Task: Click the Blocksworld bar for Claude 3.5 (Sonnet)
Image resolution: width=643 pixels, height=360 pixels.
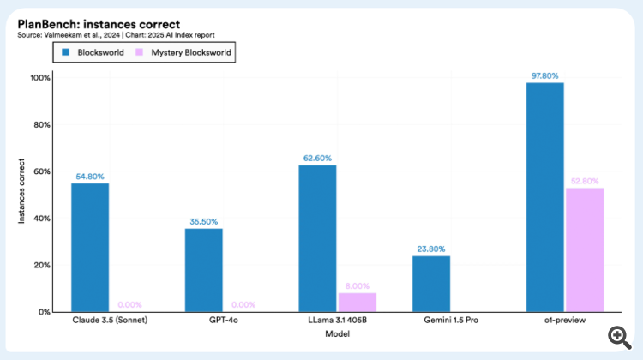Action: pos(90,248)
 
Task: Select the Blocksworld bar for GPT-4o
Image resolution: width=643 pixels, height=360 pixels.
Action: pos(203,270)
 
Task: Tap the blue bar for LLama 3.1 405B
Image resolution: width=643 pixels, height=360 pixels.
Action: pos(317,238)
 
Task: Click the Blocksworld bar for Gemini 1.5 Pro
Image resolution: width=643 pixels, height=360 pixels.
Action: pos(431,284)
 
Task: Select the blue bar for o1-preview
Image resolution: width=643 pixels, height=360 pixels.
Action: pos(545,197)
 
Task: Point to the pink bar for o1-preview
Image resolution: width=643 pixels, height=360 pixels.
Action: pos(585,249)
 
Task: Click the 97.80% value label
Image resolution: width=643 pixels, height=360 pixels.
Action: pos(545,75)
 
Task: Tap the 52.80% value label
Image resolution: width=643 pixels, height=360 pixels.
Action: pos(585,181)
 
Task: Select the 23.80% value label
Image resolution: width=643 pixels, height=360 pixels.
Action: pos(431,249)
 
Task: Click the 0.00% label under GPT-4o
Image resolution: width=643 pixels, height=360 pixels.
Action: pos(243,305)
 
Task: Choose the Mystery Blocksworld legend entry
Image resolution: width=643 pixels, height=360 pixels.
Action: pos(185,52)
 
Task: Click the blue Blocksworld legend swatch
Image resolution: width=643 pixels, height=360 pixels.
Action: pos(63,52)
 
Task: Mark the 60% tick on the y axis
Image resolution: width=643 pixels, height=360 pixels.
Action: pos(40,171)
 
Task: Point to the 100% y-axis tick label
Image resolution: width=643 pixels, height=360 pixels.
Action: pos(39,78)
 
